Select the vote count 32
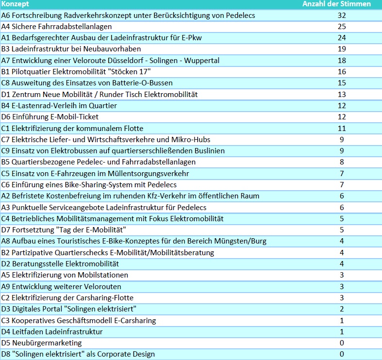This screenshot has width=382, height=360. (x=342, y=16)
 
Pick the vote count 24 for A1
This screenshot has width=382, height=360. (x=342, y=38)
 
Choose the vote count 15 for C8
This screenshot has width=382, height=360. (x=342, y=83)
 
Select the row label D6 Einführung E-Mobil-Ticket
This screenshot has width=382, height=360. (x=50, y=117)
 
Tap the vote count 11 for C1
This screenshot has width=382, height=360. (x=342, y=129)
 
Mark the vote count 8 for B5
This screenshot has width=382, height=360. (x=342, y=162)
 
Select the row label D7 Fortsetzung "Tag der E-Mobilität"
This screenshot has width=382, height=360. (x=64, y=230)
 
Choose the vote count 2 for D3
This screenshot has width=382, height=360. (x=342, y=309)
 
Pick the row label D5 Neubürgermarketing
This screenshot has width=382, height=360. (x=41, y=343)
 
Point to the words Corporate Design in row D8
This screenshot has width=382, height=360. (x=126, y=354)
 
